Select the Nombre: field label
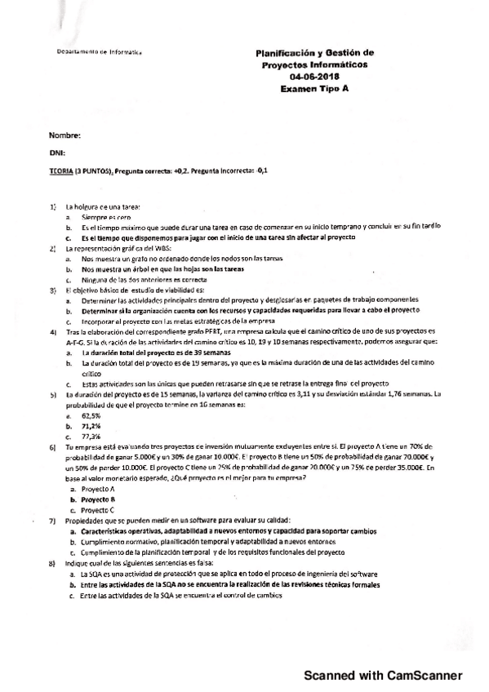(64, 135)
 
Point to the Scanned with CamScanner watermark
(383, 675)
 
